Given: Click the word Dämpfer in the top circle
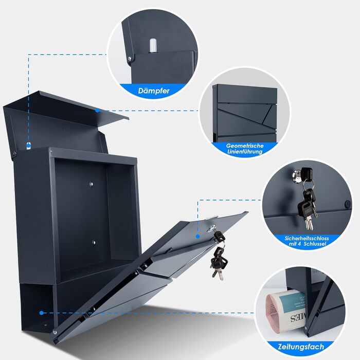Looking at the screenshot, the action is tap(154, 91).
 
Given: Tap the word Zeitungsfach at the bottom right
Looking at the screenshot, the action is tap(301, 347).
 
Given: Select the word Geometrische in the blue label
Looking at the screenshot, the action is tap(245, 146).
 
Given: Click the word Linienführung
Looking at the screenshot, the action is tap(245, 152).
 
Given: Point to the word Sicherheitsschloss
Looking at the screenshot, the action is tap(307, 238).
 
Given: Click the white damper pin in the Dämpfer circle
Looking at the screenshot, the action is tap(153, 45).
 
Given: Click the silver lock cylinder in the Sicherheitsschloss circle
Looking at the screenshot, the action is tap(297, 176).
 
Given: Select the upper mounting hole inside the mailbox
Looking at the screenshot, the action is tap(92, 184).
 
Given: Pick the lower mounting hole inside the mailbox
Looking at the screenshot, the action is tap(94, 242).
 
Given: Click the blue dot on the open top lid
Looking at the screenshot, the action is tap(97, 111).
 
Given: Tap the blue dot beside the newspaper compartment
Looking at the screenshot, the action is tap(41, 313).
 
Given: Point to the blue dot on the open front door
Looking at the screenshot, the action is tap(197, 236).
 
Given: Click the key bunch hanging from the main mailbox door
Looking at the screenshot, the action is tap(218, 255).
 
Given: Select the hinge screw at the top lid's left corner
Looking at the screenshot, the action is tap(14, 153).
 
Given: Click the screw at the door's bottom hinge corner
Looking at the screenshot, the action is tap(55, 332).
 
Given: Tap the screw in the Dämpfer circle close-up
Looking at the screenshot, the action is tap(130, 59).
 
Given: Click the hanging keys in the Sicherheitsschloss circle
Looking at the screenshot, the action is tap(307, 202).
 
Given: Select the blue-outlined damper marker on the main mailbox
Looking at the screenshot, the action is tap(28, 146).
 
